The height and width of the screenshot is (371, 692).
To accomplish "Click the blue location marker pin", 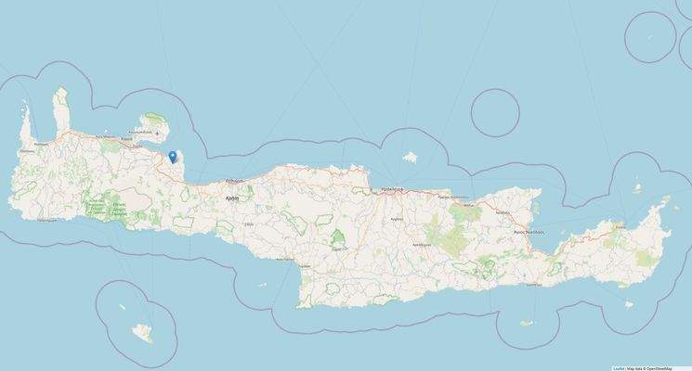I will tap(174, 156).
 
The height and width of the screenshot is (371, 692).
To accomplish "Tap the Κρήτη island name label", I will tap(233, 198).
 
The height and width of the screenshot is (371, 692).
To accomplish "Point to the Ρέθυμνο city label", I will tap(234, 182).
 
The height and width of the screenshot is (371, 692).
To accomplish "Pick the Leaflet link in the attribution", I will tap(619, 368).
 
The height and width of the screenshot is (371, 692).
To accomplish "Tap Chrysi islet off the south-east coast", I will tap(527, 324).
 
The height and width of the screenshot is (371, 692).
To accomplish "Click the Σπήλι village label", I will tap(248, 224).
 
